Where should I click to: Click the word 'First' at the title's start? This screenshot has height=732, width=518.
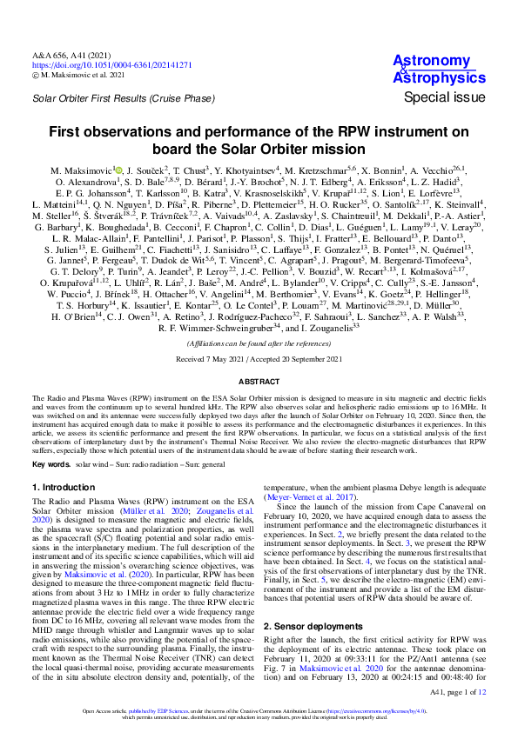[x=64, y=132]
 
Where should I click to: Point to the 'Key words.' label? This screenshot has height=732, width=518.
[x=50, y=465]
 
